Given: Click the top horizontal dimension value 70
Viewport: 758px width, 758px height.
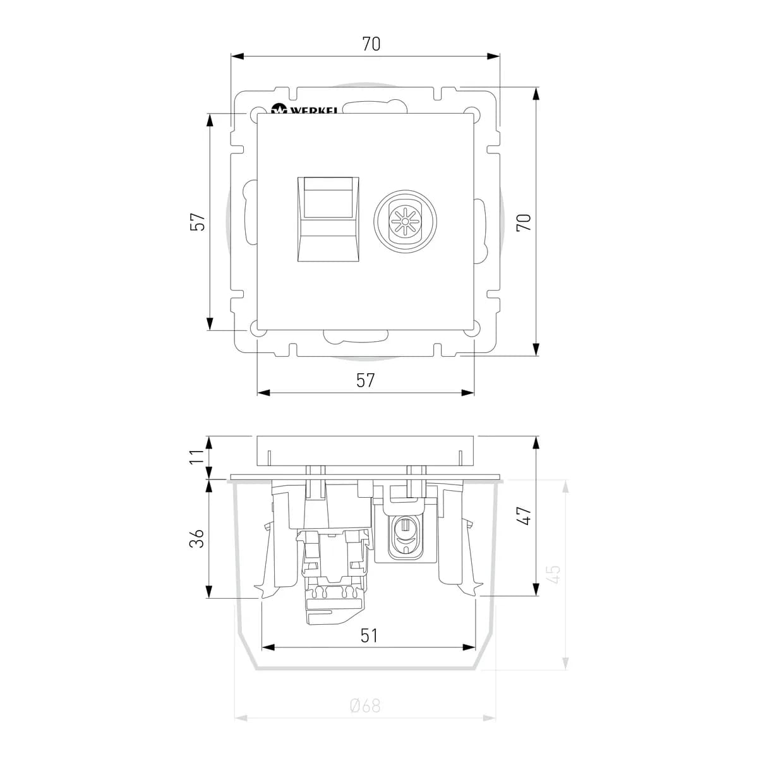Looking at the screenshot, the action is click(x=371, y=44).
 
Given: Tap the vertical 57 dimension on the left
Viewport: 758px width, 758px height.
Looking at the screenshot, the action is click(x=198, y=222).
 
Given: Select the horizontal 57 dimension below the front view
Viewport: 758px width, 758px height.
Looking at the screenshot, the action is click(x=366, y=380).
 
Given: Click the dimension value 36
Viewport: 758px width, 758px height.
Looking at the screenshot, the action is click(x=198, y=538).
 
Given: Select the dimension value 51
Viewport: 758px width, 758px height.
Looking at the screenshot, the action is click(x=368, y=635).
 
